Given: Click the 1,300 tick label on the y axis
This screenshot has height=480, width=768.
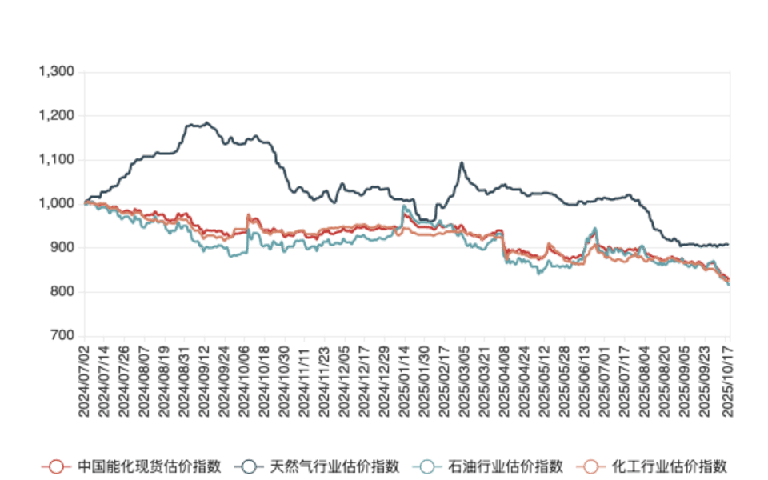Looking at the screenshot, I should (57, 72).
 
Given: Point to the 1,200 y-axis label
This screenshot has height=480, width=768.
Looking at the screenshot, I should (57, 116).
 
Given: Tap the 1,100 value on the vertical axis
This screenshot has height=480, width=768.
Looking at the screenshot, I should (57, 160).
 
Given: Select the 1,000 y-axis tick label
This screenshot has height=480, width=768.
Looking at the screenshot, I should (57, 204).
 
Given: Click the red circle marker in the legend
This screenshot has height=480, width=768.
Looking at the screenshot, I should (54, 466).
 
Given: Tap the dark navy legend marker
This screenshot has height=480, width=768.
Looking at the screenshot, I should (249, 466).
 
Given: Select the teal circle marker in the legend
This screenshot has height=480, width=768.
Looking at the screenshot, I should (428, 466).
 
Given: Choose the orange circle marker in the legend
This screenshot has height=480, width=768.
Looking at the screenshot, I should (590, 466).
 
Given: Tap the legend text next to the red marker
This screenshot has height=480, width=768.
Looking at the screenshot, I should (149, 466).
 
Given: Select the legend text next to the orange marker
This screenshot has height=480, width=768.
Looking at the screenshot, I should (669, 466).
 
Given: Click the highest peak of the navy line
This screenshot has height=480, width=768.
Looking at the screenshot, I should (208, 123).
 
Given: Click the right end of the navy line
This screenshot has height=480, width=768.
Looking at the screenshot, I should (728, 244).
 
